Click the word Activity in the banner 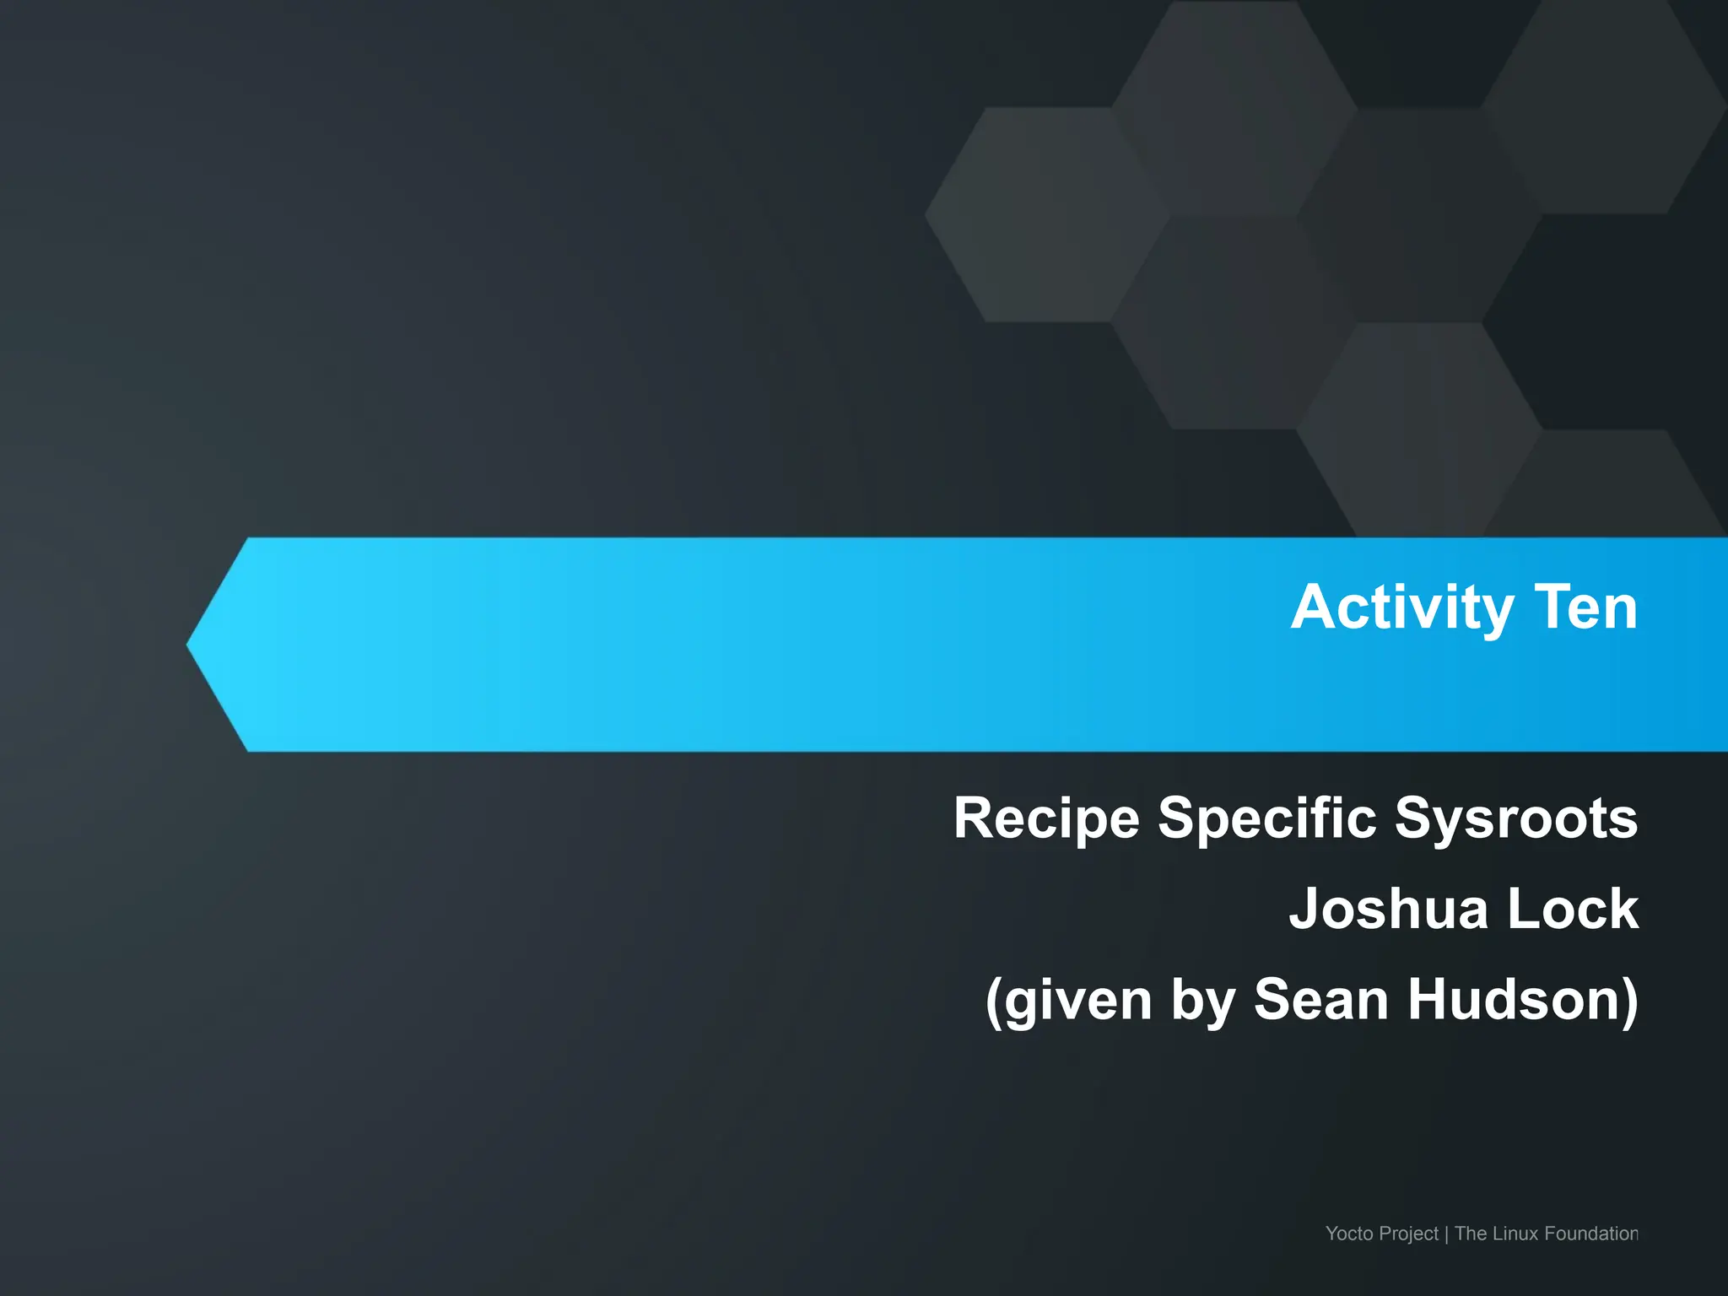(x=1401, y=607)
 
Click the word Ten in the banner (x=1586, y=607)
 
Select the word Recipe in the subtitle (x=1045, y=818)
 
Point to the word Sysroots (x=1516, y=818)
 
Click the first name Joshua (x=1389, y=909)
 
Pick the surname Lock (x=1573, y=909)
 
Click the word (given (x=1068, y=1001)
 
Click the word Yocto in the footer (x=1347, y=1234)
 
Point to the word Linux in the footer (x=1516, y=1234)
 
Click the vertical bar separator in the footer (x=1446, y=1234)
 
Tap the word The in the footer (x=1471, y=1234)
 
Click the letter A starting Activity (x=1313, y=607)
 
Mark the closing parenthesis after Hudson (x=1629, y=1001)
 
